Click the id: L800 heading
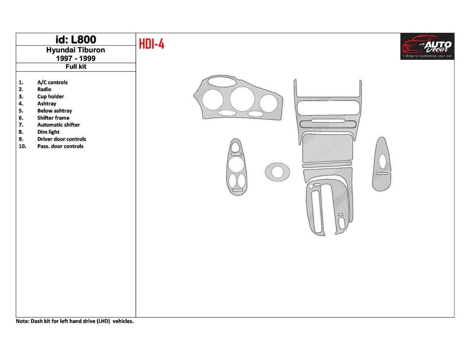[75, 40]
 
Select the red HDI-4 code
[151, 44]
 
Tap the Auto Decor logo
[427, 46]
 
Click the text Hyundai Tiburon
[75, 50]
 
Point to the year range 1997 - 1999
[75, 58]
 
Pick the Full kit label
[75, 67]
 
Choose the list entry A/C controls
[52, 82]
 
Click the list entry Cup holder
[50, 97]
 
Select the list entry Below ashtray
[54, 111]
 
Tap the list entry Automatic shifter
[58, 125]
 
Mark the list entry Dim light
[48, 132]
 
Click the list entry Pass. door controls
[60, 146]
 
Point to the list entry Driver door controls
[61, 139]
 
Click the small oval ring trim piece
[277, 172]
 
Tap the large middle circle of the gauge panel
[242, 99]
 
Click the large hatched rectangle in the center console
[327, 148]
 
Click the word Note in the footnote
[22, 321]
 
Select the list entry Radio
[44, 90]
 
